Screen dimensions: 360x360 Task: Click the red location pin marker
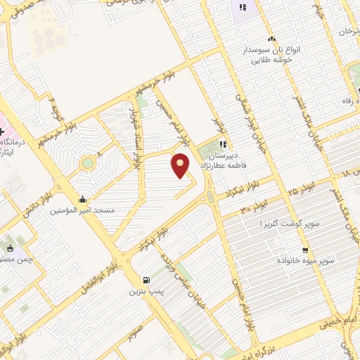pyautogui.click(x=181, y=164)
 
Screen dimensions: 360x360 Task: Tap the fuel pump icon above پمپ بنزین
pyautogui.click(x=146, y=279)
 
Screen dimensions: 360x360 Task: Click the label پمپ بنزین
pyautogui.click(x=147, y=290)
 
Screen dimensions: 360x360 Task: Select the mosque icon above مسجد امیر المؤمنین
pyautogui.click(x=84, y=199)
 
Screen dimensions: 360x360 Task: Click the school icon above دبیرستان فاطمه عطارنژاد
pyautogui.click(x=222, y=144)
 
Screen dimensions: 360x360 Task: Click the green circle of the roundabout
pyautogui.click(x=87, y=163)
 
